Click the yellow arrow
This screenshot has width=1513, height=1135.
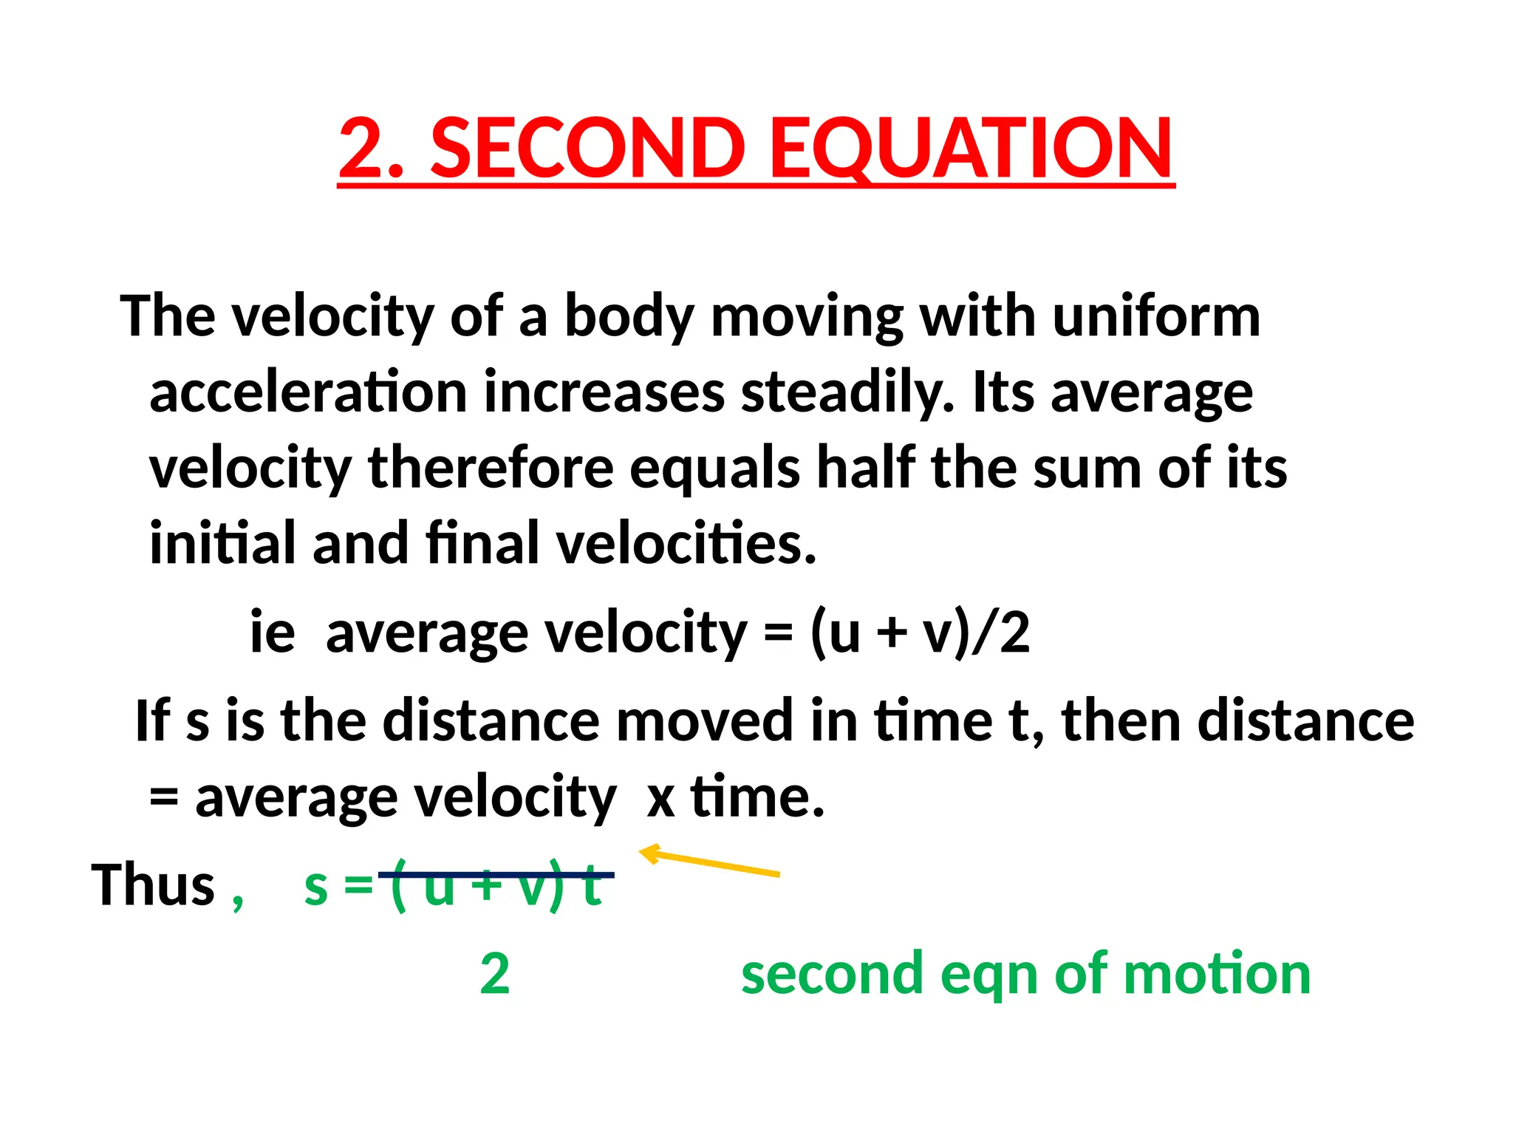pos(709,862)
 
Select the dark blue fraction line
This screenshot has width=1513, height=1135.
pos(496,875)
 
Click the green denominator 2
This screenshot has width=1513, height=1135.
pos(494,975)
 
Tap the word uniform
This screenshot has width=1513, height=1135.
pos(1156,316)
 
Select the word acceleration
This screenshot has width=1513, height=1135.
pos(308,392)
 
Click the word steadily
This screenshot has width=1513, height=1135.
pos(847,392)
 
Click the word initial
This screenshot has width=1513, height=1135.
pos(222,543)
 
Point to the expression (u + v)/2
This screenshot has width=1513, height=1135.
pos(920,633)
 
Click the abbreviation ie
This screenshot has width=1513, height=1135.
pos(273,633)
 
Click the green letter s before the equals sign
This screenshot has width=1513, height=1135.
pos(316,886)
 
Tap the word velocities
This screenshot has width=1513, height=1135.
pos(686,543)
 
